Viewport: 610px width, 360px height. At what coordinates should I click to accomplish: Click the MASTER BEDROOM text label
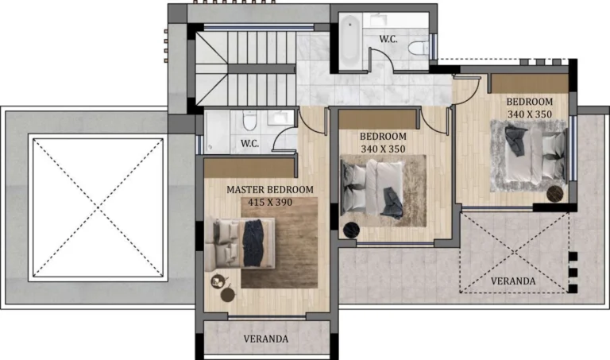[269, 190]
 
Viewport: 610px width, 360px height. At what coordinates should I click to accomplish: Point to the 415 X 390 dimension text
[269, 203]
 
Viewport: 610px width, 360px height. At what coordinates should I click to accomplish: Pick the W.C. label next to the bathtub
[388, 38]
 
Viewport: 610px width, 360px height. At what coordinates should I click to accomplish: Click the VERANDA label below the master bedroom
[265, 339]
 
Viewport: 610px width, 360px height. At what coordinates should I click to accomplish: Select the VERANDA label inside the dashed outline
[512, 281]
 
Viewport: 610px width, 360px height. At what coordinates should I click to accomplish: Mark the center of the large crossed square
[98, 206]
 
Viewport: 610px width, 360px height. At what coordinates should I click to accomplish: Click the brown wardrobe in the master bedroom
[249, 167]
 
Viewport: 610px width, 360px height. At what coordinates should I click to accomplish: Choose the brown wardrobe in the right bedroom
[528, 82]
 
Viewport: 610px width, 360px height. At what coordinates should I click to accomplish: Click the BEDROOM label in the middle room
[383, 137]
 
